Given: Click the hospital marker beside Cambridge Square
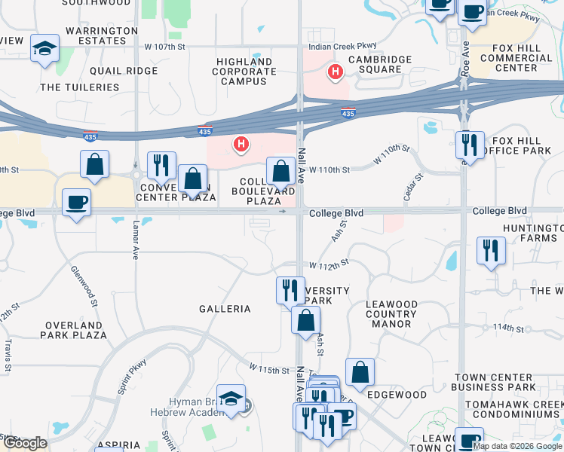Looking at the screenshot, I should pyautogui.click(x=335, y=72).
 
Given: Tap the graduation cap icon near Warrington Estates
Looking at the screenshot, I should pyautogui.click(x=45, y=50).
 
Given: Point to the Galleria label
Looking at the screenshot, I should pyautogui.click(x=225, y=309).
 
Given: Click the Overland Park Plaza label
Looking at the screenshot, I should pyautogui.click(x=75, y=329).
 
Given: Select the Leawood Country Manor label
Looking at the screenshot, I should pyautogui.click(x=391, y=314).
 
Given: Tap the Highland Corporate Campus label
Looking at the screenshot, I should pyautogui.click(x=246, y=72).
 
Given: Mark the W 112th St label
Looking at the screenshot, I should pyautogui.click(x=330, y=265).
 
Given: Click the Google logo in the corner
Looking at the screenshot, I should pyautogui.click(x=25, y=443).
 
